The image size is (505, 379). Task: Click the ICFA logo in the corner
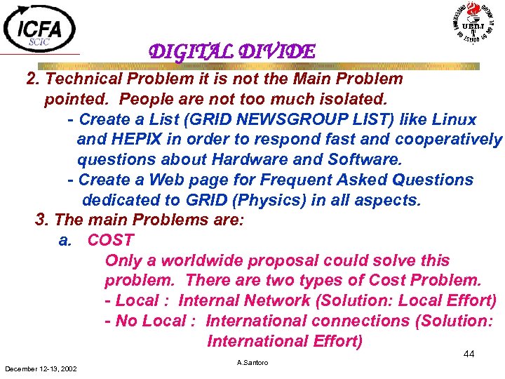40,28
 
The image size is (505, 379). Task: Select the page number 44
469,354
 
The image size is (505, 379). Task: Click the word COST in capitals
110,240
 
